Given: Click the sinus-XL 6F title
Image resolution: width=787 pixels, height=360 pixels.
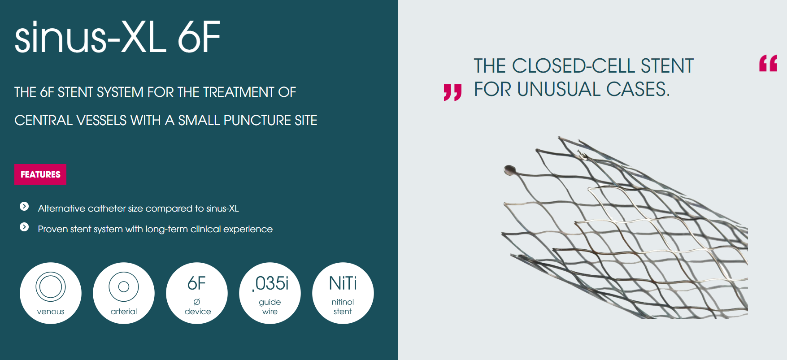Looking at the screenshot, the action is pos(117,37).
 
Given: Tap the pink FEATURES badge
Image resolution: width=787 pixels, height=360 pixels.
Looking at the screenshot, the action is pos(40,174).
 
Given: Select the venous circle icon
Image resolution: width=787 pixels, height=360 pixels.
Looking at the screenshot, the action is pos(51,293).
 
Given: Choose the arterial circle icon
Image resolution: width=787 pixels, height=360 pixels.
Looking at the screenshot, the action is pos(124,293).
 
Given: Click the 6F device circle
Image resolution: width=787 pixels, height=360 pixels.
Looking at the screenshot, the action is pos(197,293).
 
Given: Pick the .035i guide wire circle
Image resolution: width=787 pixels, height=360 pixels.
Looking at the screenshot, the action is pos(270,293).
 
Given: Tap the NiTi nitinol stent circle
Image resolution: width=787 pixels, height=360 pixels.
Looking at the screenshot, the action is pos(343,293).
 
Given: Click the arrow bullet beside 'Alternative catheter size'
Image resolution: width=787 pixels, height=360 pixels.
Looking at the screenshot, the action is pos(24,206).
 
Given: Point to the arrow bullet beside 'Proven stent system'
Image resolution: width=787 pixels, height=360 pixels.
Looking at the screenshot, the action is pos(24,227).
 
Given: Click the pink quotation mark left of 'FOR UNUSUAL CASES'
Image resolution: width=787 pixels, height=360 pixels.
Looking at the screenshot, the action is pos(452,92).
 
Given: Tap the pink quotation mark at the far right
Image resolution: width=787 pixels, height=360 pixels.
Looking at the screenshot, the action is pos(768,63).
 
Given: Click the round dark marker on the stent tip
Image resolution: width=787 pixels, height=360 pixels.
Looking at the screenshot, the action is pos(509,170).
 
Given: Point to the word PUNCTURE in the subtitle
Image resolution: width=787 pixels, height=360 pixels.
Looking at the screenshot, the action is pos(257,120).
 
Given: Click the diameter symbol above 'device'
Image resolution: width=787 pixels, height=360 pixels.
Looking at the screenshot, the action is pos(197,302).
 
